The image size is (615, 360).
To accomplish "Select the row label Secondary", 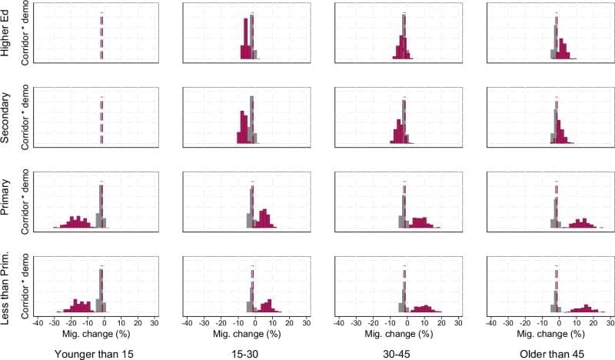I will click(x=7, y=117).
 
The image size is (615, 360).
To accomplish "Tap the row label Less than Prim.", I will click(x=7, y=286).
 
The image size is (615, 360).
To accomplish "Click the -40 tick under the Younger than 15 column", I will click(x=37, y=323).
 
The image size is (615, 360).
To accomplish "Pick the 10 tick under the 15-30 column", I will click(x=271, y=323).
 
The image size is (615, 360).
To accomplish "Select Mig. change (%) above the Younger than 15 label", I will click(x=95, y=335).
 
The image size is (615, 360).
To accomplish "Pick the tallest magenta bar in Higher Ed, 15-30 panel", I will click(x=246, y=39).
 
